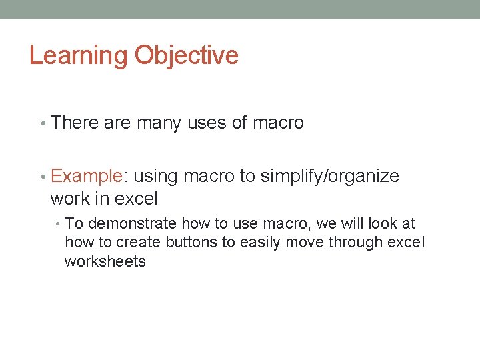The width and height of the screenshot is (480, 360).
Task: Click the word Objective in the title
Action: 186,55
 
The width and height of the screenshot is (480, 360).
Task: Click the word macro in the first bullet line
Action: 278,123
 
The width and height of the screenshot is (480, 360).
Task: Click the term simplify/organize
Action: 329,176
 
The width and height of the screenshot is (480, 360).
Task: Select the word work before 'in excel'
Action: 71,199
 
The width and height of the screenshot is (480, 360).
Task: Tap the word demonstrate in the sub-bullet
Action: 132,224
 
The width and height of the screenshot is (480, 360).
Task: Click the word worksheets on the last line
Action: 105,261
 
